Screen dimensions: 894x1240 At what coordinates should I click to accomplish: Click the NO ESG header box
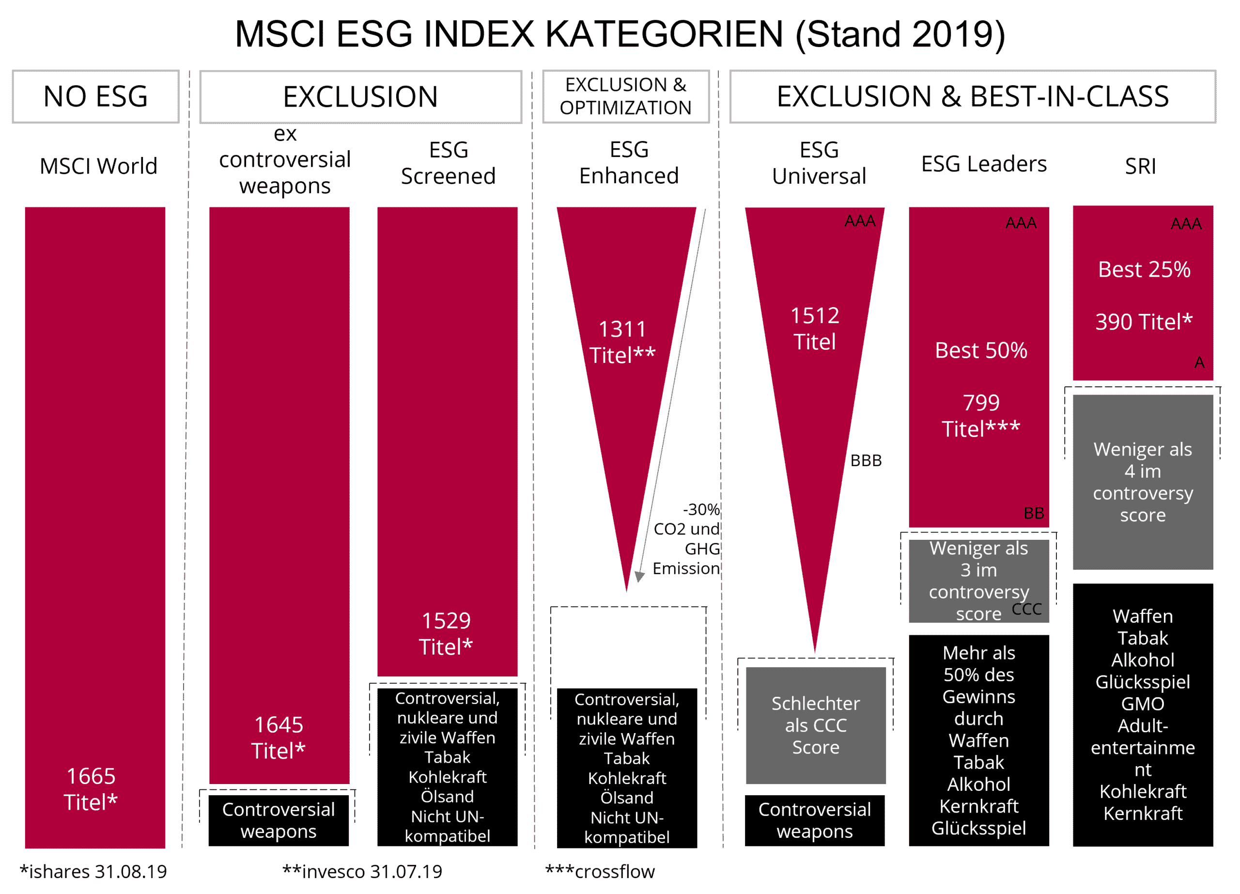pos(96,96)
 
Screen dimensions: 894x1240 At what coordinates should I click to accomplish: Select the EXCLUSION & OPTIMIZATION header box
pos(625,96)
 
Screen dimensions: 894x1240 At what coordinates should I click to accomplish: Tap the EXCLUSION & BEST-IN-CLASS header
pos(973,96)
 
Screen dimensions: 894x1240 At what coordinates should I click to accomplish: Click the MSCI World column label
pos(98,166)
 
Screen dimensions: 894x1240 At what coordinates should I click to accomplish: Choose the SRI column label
pos(1141,166)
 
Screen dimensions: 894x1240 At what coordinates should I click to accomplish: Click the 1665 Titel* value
pos(91,789)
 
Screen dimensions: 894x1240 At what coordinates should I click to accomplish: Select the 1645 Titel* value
pos(279,737)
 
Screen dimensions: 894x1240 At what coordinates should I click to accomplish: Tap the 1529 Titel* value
pos(446,634)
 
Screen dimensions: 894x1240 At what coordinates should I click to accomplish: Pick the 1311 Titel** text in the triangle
pos(622,342)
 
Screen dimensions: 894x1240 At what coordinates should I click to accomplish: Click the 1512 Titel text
pos(815,329)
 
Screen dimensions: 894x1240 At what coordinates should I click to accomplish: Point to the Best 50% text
pos(981,350)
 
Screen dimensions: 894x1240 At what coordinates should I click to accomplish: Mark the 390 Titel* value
pos(1144,322)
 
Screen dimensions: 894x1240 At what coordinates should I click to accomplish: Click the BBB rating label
pos(866,460)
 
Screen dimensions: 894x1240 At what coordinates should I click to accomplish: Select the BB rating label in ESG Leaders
pos(1034,513)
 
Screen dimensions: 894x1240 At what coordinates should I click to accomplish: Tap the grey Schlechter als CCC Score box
pos(816,725)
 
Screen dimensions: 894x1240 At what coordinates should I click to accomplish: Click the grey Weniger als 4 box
pos(1143,482)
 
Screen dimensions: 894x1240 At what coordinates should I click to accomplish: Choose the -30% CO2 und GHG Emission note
pos(687,539)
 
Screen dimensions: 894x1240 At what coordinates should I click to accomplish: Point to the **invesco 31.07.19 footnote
pos(362,872)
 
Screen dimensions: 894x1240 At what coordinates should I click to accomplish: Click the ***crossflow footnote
pos(600,872)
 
